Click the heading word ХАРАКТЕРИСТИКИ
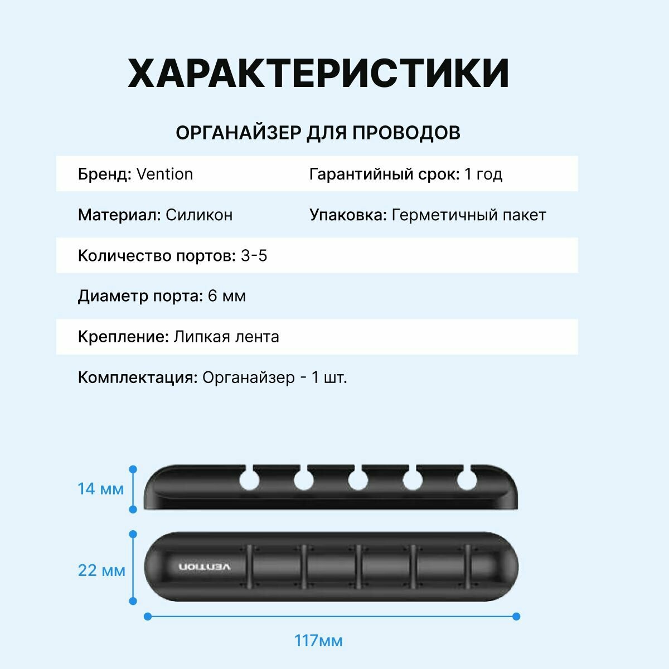[318, 73]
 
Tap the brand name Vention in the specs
[164, 174]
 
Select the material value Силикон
[199, 215]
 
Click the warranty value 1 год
[483, 174]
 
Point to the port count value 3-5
[254, 256]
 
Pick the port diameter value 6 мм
[226, 296]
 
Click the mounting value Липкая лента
[226, 337]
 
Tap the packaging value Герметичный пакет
[469, 215]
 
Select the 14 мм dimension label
[100, 489]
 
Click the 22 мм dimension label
[101, 570]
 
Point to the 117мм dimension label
[318, 641]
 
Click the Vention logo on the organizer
[205, 567]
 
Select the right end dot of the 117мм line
[516, 616]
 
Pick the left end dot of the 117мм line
[148, 616]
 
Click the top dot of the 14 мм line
[133, 469]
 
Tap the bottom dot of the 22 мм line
[133, 601]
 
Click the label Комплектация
[138, 377]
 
